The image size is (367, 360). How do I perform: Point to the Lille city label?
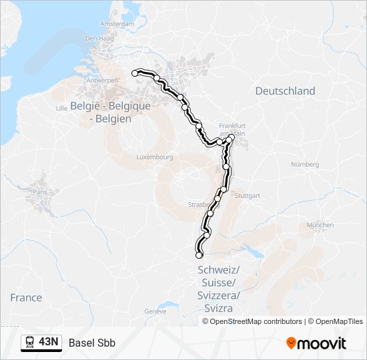62,107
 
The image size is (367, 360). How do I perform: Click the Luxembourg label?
154,157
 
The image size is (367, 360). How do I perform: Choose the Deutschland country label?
285,91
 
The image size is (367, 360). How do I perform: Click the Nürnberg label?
305,164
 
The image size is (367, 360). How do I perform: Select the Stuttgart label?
248,196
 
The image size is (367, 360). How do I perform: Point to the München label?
320,225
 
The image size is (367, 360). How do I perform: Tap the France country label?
26,298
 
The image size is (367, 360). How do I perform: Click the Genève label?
155,311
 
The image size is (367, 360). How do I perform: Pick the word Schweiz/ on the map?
219,270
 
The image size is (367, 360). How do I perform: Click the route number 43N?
49,343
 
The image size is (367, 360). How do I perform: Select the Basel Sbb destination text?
92,343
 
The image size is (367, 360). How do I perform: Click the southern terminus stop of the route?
198,255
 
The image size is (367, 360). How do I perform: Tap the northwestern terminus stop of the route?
135,73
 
